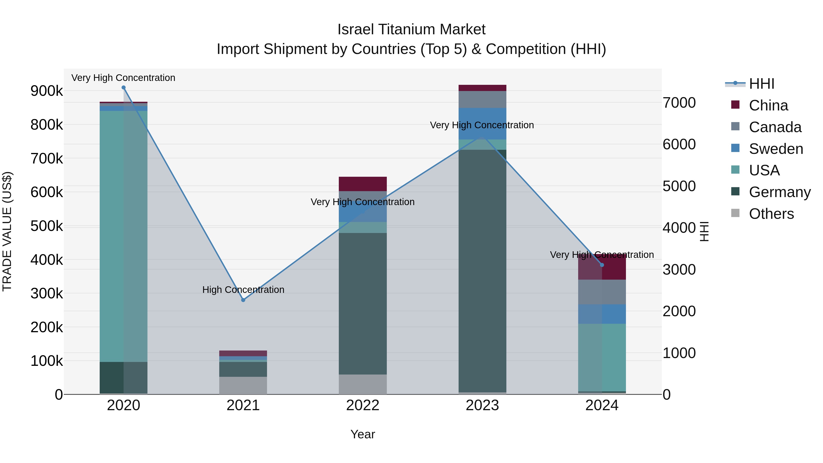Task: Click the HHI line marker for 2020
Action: [x=124, y=88]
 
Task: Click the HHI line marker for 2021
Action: [x=243, y=300]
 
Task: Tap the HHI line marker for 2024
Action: [x=602, y=265]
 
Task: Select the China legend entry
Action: [x=768, y=105]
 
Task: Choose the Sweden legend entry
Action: [x=776, y=149]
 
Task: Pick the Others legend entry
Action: [x=771, y=214]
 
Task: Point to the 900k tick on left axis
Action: [x=47, y=91]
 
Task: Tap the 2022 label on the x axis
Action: [x=363, y=405]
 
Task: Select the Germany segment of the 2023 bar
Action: [x=482, y=272]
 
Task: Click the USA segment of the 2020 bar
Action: [x=124, y=236]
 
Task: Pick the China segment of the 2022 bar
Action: [x=363, y=184]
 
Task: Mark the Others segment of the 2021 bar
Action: [x=243, y=385]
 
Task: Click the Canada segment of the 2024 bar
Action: [x=602, y=292]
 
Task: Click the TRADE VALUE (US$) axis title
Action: [x=7, y=231]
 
